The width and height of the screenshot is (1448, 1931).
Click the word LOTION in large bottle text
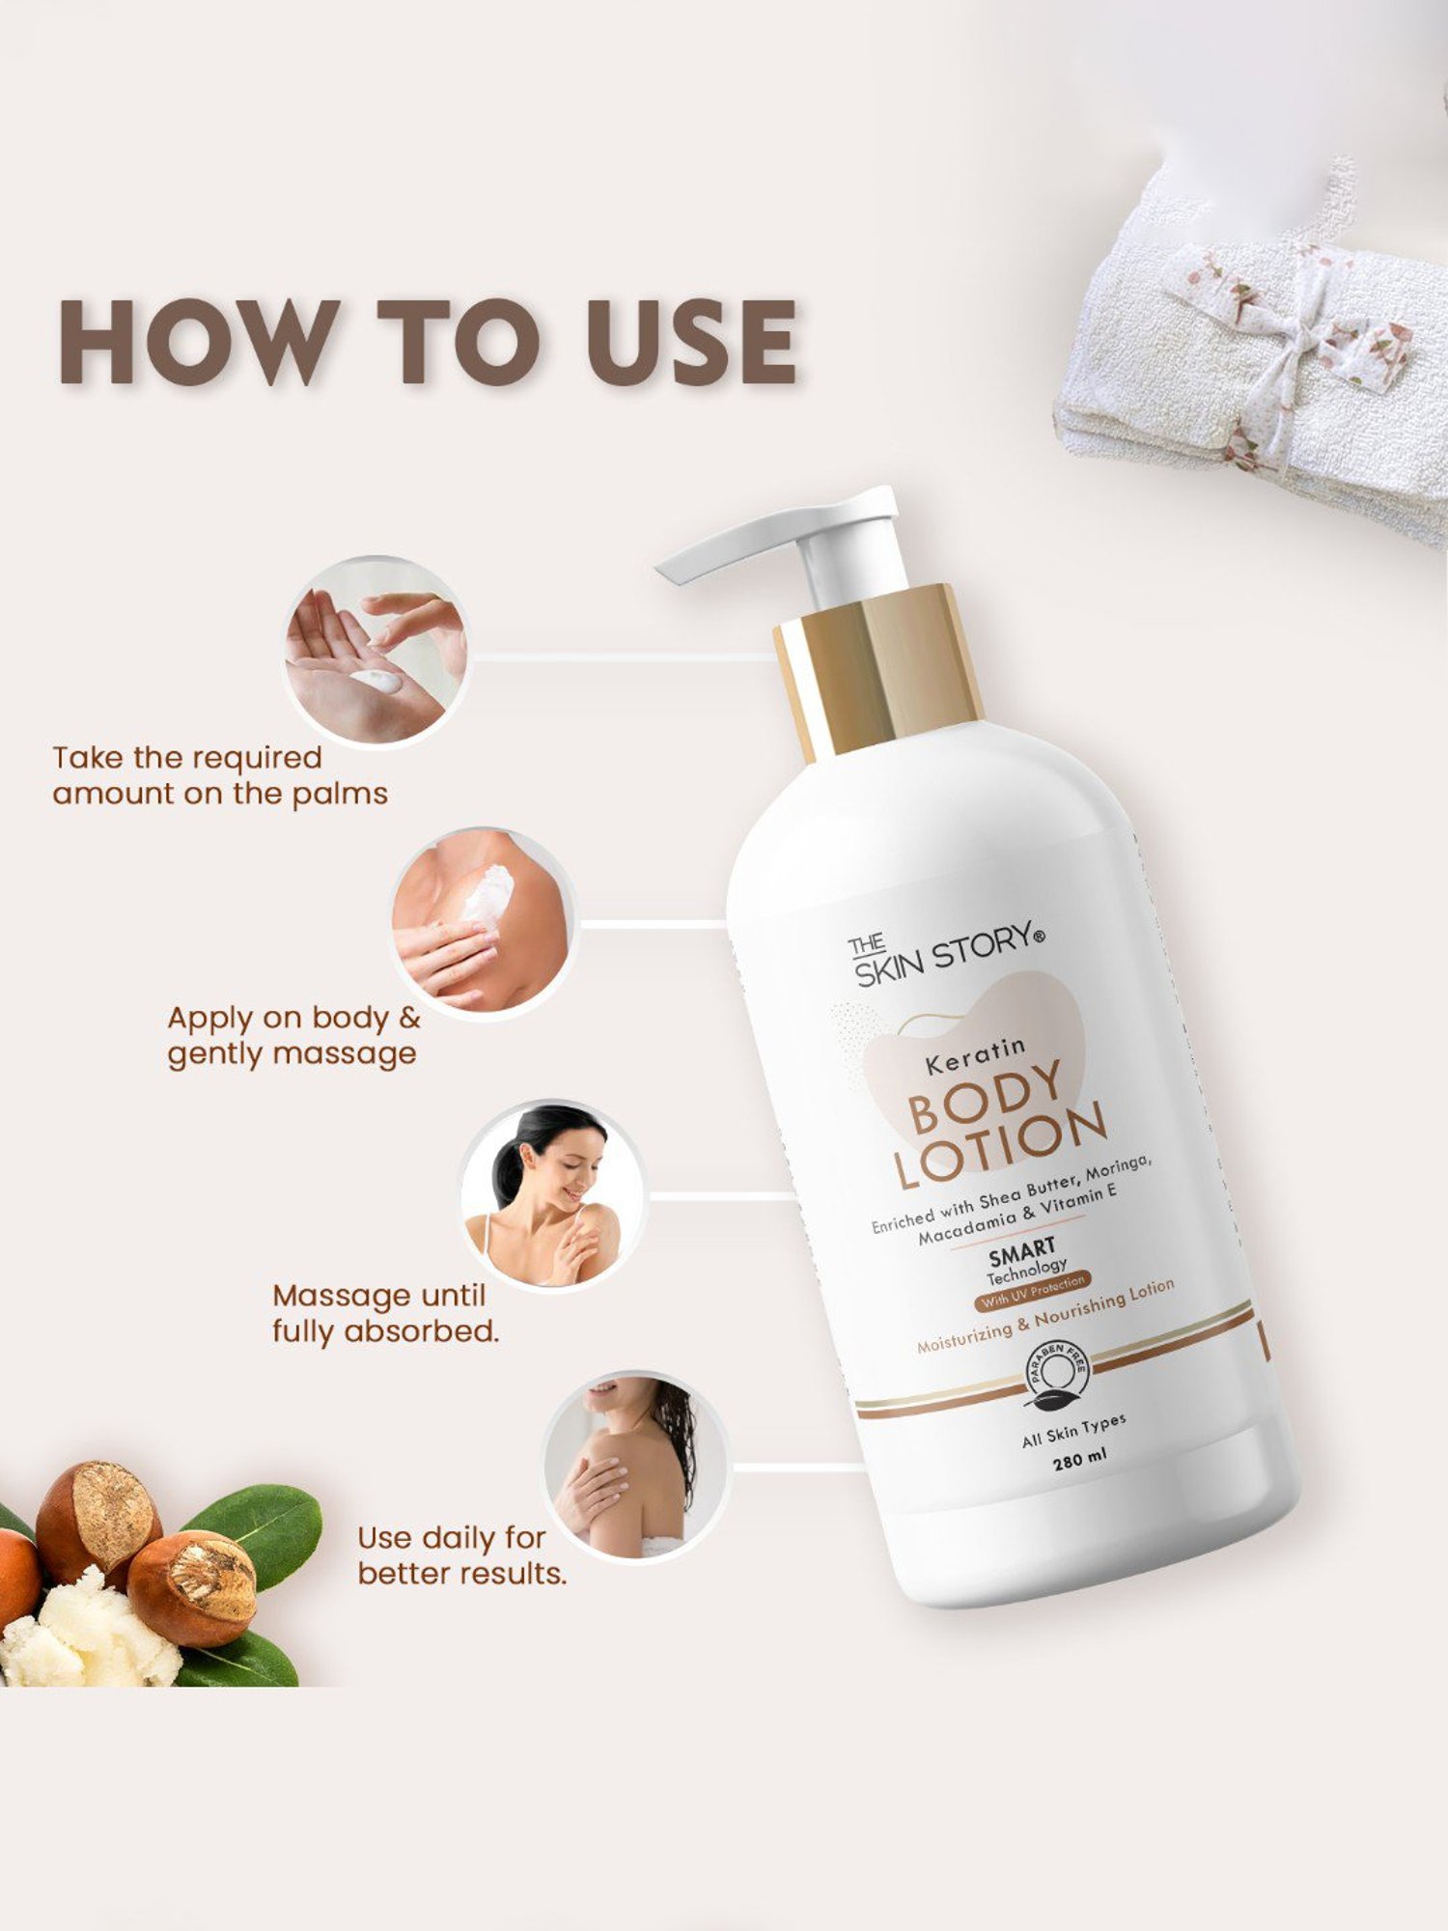click(x=999, y=1149)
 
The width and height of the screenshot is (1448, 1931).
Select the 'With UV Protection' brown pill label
click(x=1033, y=1293)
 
